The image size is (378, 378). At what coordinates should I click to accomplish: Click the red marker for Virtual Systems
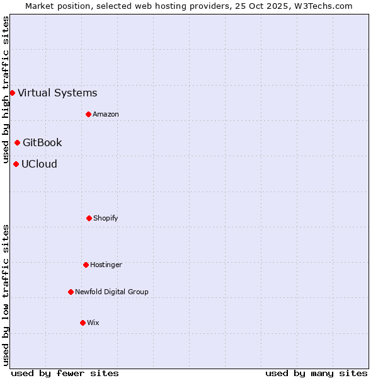(x=12, y=93)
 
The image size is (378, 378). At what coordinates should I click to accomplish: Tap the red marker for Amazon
(x=88, y=114)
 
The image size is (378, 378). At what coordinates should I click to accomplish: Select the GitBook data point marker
(x=17, y=142)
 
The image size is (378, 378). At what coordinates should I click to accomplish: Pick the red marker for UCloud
(x=16, y=164)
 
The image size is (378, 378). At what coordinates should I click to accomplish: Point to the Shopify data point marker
(x=89, y=218)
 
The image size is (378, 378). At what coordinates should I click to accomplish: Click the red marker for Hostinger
(x=86, y=265)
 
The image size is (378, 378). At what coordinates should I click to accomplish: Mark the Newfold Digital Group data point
(x=71, y=292)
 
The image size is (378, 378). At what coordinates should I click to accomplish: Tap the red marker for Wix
(x=83, y=323)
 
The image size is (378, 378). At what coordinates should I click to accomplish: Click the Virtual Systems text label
(x=57, y=93)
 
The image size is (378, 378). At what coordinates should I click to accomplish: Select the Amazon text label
(x=106, y=115)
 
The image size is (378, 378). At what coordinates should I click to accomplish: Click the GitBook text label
(x=42, y=143)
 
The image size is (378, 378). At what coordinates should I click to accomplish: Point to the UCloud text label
(x=39, y=164)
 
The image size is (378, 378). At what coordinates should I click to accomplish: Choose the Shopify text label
(x=106, y=219)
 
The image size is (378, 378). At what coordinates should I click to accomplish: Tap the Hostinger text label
(x=106, y=265)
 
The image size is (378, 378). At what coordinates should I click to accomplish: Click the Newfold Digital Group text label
(x=112, y=292)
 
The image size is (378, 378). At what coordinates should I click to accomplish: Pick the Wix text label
(x=93, y=323)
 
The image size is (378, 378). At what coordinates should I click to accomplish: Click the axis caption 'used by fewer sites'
(x=65, y=373)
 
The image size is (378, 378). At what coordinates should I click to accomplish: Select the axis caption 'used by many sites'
(x=316, y=373)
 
